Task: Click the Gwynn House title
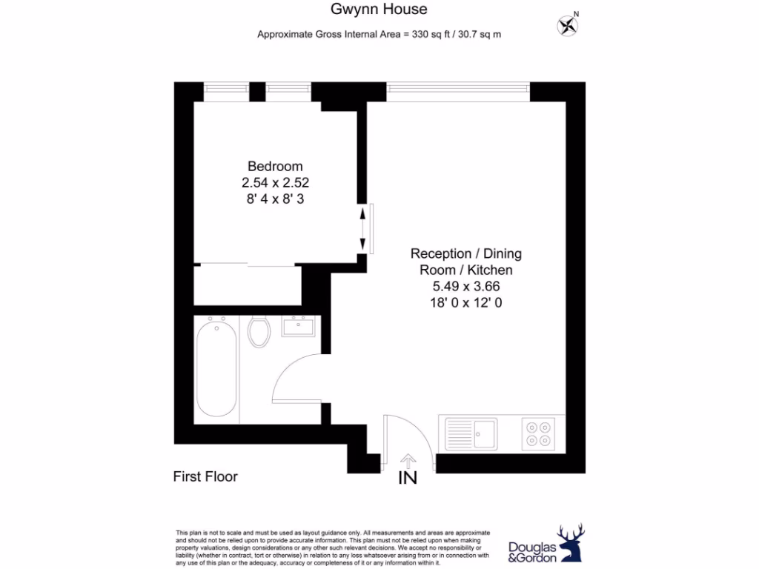click(379, 10)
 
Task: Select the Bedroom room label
click(275, 166)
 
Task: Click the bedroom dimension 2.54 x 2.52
click(275, 182)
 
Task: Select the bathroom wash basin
click(300, 327)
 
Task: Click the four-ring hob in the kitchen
click(538, 433)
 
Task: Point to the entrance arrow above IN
click(408, 461)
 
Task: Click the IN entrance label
click(408, 479)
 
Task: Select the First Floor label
click(205, 476)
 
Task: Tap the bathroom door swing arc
click(293, 376)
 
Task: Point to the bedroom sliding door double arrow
click(362, 228)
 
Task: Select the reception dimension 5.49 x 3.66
click(466, 286)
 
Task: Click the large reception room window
click(458, 91)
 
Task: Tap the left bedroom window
click(226, 91)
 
